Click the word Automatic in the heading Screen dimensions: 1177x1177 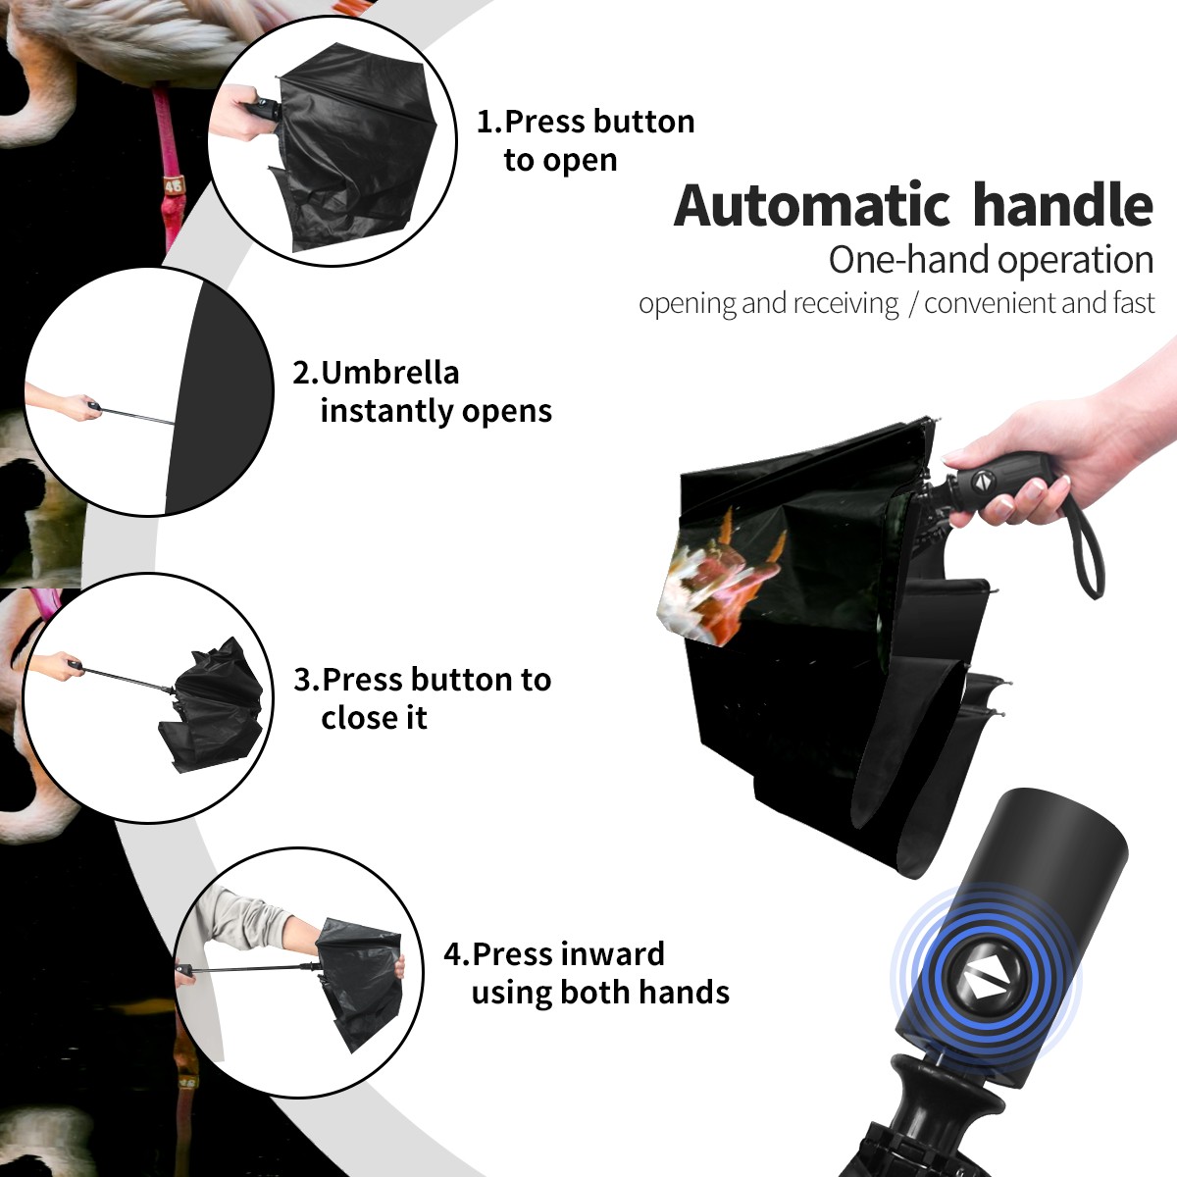coord(812,205)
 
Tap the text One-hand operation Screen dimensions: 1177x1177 coord(991,260)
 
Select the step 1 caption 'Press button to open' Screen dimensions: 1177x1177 coord(586,140)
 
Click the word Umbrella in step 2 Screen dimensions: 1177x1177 coord(389,373)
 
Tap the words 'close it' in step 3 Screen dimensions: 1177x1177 coord(374,717)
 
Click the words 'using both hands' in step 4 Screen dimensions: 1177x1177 coord(600,992)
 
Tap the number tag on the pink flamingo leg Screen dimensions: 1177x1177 coord(174,185)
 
